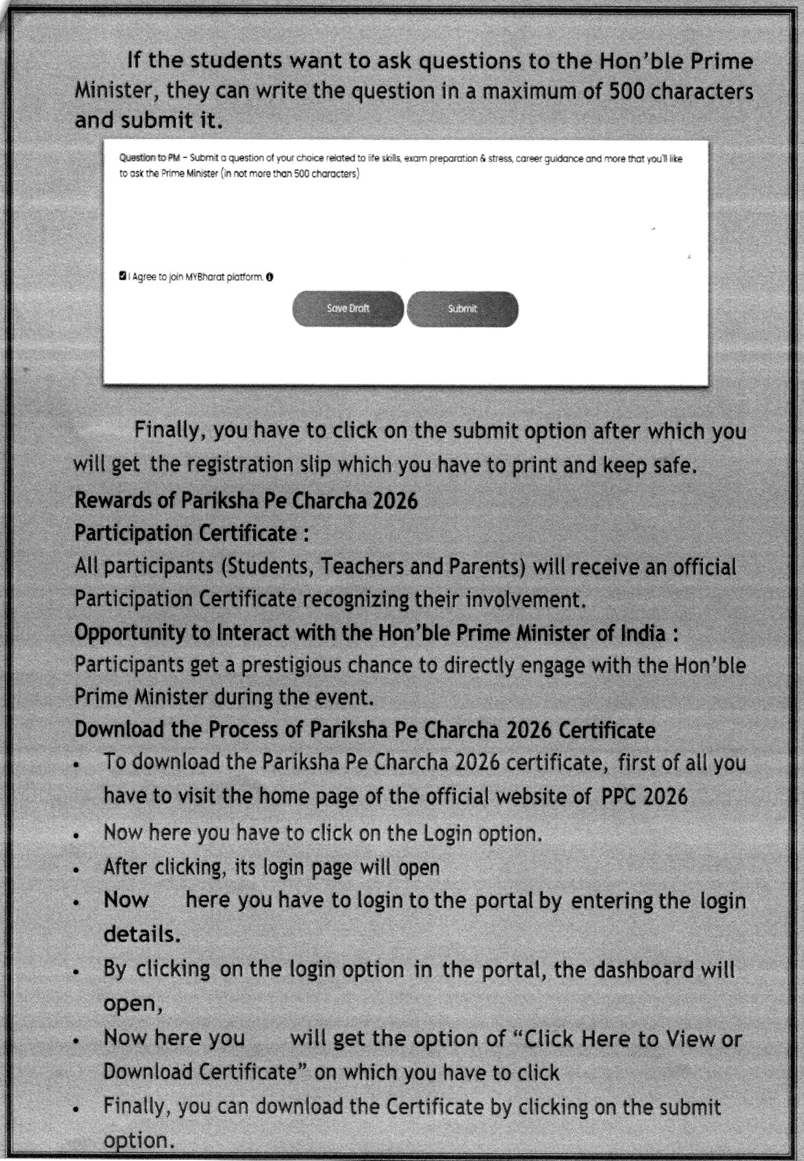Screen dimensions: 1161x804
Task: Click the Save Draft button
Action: click(347, 309)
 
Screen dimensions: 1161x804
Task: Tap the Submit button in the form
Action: click(462, 309)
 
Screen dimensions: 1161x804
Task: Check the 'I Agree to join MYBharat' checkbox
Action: click(123, 276)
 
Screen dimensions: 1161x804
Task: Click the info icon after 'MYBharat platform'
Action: click(270, 277)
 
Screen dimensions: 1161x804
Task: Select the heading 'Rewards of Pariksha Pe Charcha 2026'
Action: click(246, 501)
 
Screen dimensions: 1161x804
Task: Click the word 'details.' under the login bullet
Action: click(142, 934)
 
